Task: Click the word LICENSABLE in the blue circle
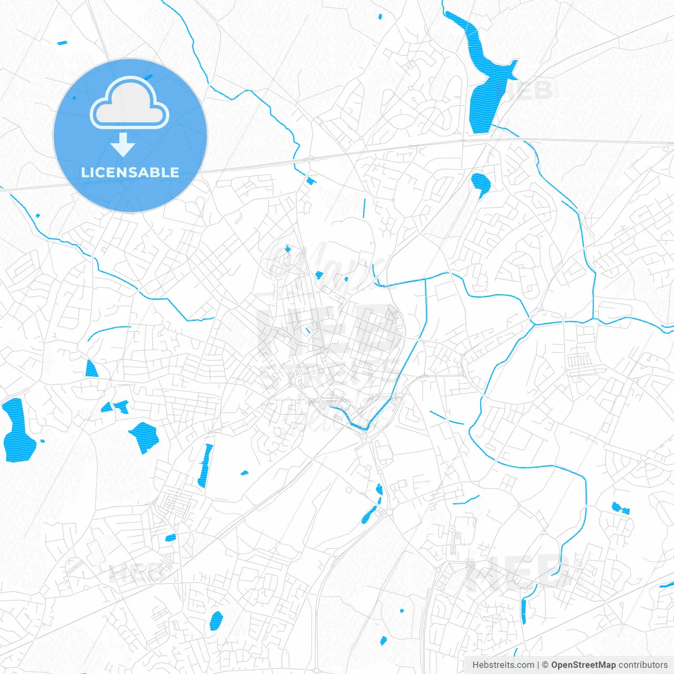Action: (130, 172)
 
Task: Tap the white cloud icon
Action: (130, 103)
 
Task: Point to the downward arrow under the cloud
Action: (123, 144)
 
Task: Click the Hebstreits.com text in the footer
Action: (503, 665)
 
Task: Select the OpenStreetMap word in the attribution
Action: (583, 665)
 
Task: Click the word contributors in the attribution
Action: (643, 665)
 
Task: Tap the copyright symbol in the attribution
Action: (545, 665)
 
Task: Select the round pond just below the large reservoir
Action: (480, 183)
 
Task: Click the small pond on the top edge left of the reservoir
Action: (380, 16)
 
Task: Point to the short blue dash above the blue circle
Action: (62, 43)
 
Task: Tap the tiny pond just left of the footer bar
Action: (383, 640)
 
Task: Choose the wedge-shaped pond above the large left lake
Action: (91, 369)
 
